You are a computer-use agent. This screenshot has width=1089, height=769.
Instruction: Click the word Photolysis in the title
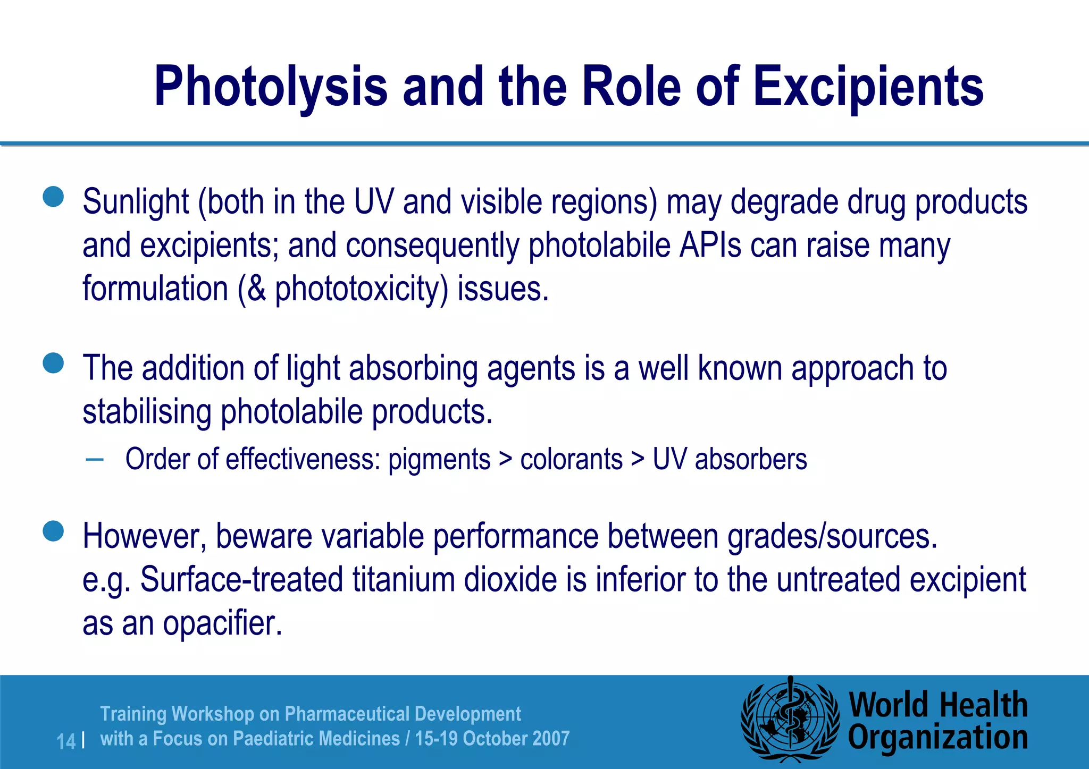tap(271, 87)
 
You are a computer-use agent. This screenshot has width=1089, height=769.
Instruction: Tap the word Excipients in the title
tap(868, 87)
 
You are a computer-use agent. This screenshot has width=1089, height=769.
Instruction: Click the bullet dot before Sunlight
tap(53, 196)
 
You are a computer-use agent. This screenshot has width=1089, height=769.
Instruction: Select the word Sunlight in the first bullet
tap(136, 202)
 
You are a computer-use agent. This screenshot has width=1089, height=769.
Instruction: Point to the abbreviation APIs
tap(710, 246)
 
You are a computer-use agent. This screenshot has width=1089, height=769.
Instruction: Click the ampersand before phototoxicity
tap(256, 289)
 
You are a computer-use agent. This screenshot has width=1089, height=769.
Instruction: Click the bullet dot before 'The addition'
tap(53, 364)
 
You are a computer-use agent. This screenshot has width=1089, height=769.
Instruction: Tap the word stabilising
tap(147, 412)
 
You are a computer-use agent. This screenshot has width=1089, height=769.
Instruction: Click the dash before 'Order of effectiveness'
tap(94, 459)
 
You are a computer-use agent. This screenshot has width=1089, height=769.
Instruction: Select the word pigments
tap(439, 460)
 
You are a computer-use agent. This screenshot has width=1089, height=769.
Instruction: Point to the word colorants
tap(571, 459)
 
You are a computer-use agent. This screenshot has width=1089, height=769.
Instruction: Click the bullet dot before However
tap(53, 531)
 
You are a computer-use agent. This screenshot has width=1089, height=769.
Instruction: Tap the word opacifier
tap(222, 623)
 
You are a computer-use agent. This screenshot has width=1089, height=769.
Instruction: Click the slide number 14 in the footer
tap(66, 741)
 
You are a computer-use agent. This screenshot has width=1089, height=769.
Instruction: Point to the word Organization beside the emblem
tap(937, 738)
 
